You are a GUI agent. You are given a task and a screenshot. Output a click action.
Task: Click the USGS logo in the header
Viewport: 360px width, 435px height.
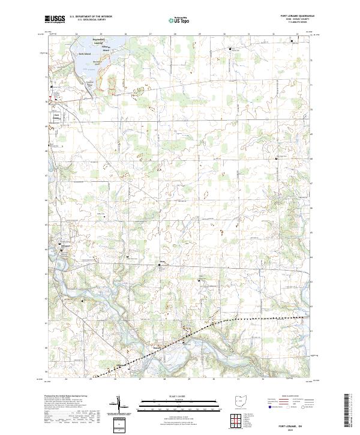point(55,20)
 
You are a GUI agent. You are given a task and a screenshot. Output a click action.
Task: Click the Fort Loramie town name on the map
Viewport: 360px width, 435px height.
point(57,116)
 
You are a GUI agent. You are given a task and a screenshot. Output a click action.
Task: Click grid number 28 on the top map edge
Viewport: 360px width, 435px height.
point(174,35)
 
